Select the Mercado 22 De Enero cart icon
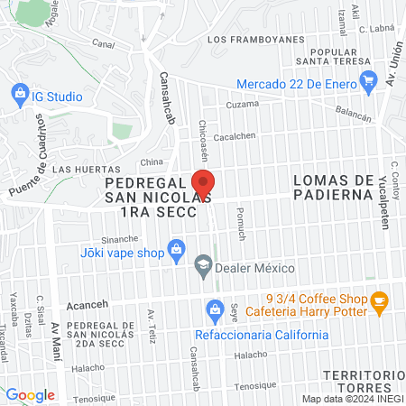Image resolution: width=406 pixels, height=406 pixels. click(368, 82)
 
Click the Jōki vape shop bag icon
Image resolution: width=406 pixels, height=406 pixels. click(177, 248)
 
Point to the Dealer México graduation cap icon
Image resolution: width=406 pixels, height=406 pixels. click(204, 266)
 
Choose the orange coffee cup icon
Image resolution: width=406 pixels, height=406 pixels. click(379, 300)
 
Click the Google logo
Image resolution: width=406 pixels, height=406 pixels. click(30, 395)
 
